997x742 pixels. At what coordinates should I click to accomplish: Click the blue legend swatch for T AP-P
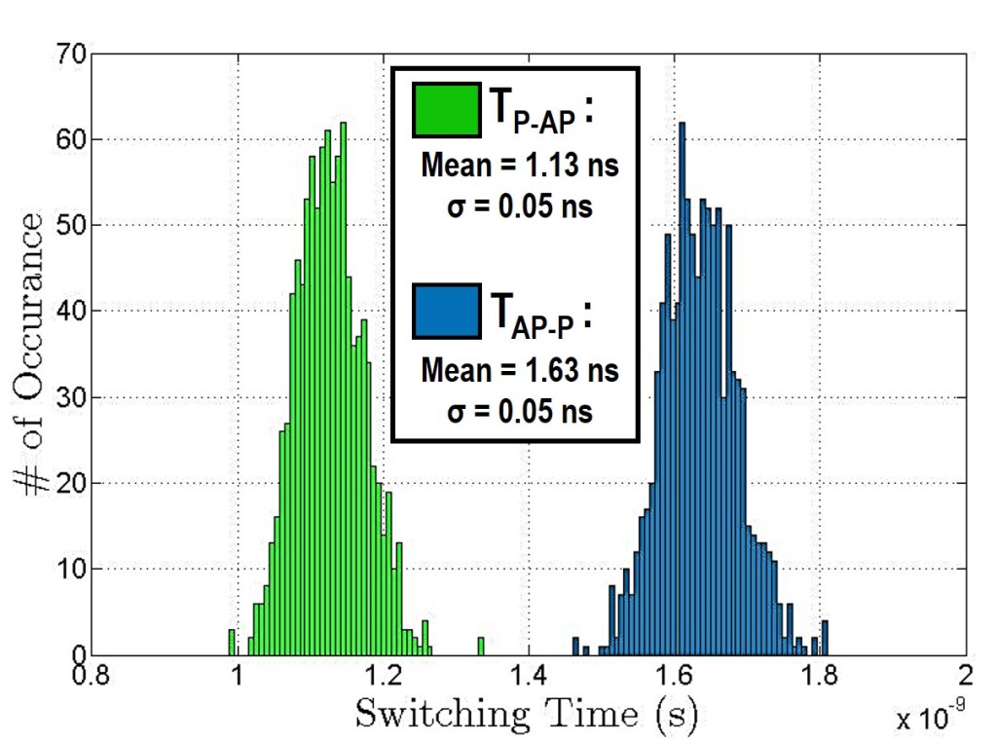pos(447,311)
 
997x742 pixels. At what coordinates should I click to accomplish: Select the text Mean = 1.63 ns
pos(520,371)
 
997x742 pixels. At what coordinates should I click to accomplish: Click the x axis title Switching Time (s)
pos(526,714)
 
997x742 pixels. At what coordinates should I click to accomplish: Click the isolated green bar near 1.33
pos(481,647)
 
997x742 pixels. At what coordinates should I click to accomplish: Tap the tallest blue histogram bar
pos(682,390)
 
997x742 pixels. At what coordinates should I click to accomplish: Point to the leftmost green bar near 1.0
pos(232,642)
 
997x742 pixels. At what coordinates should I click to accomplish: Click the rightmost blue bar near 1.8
pos(825,638)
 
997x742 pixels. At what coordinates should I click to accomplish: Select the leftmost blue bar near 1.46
pos(574,647)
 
